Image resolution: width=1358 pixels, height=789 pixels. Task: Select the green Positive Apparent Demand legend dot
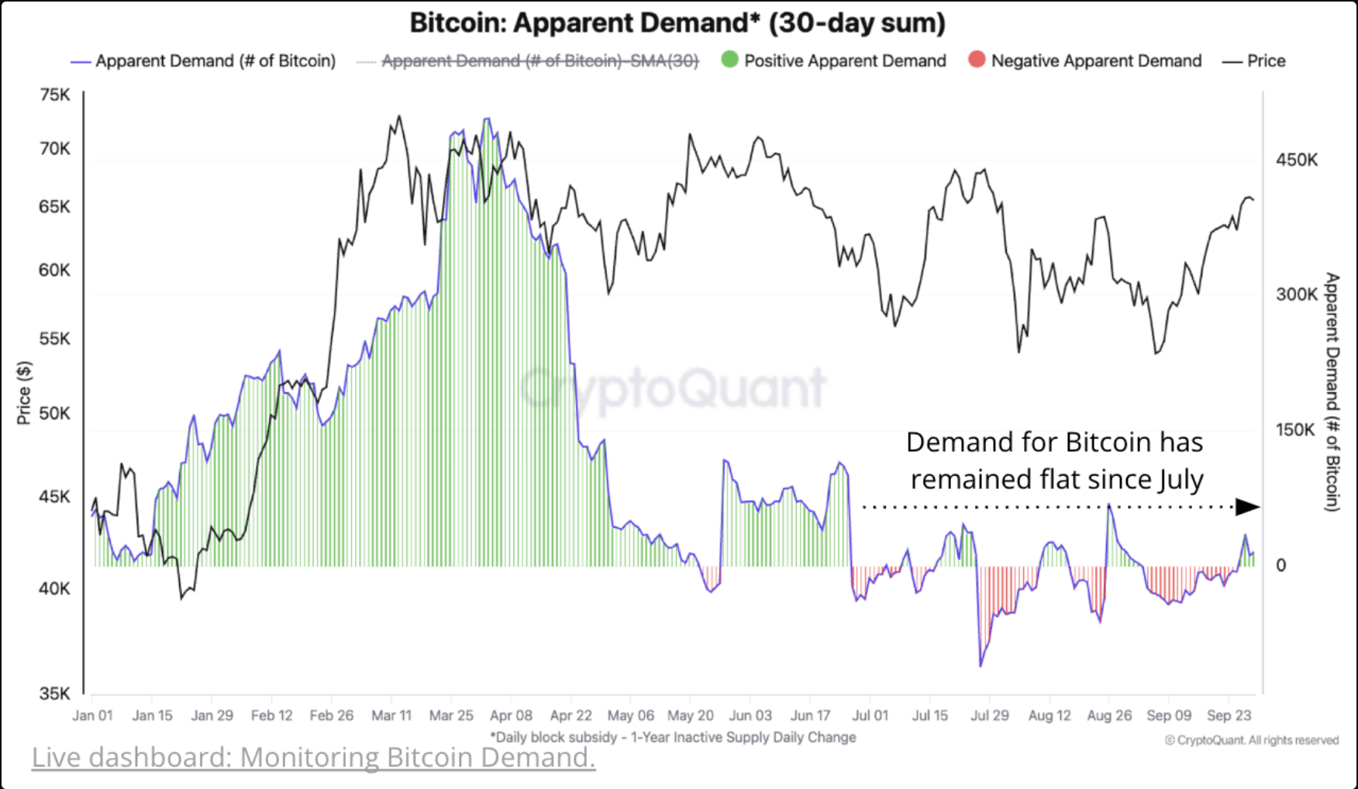[729, 60]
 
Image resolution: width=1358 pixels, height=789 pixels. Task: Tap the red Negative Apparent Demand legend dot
[977, 60]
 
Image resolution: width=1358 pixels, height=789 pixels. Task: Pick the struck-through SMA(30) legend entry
[539, 61]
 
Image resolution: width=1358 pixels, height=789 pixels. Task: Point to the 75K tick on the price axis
[54, 95]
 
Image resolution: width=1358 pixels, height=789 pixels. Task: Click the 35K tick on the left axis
[54, 694]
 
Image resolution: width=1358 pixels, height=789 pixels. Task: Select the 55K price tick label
[54, 339]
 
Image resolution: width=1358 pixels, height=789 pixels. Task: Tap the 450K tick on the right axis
[1296, 160]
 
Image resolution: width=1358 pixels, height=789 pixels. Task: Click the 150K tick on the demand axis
[1296, 429]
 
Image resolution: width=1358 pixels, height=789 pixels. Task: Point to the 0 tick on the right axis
[1280, 565]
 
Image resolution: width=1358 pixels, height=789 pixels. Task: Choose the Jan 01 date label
[92, 715]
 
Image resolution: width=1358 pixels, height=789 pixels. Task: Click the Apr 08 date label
[511, 715]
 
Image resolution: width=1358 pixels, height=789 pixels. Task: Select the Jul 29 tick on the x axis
[990, 715]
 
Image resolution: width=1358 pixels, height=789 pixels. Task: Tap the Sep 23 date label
[1229, 715]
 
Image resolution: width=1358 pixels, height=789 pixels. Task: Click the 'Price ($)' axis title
[24, 392]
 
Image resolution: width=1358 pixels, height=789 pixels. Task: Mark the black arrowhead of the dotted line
[1247, 507]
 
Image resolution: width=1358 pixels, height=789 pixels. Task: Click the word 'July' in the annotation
[1180, 480]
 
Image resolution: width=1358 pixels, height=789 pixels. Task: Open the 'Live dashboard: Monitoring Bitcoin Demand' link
[313, 757]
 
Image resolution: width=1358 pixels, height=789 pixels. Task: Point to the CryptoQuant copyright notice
[1251, 740]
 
